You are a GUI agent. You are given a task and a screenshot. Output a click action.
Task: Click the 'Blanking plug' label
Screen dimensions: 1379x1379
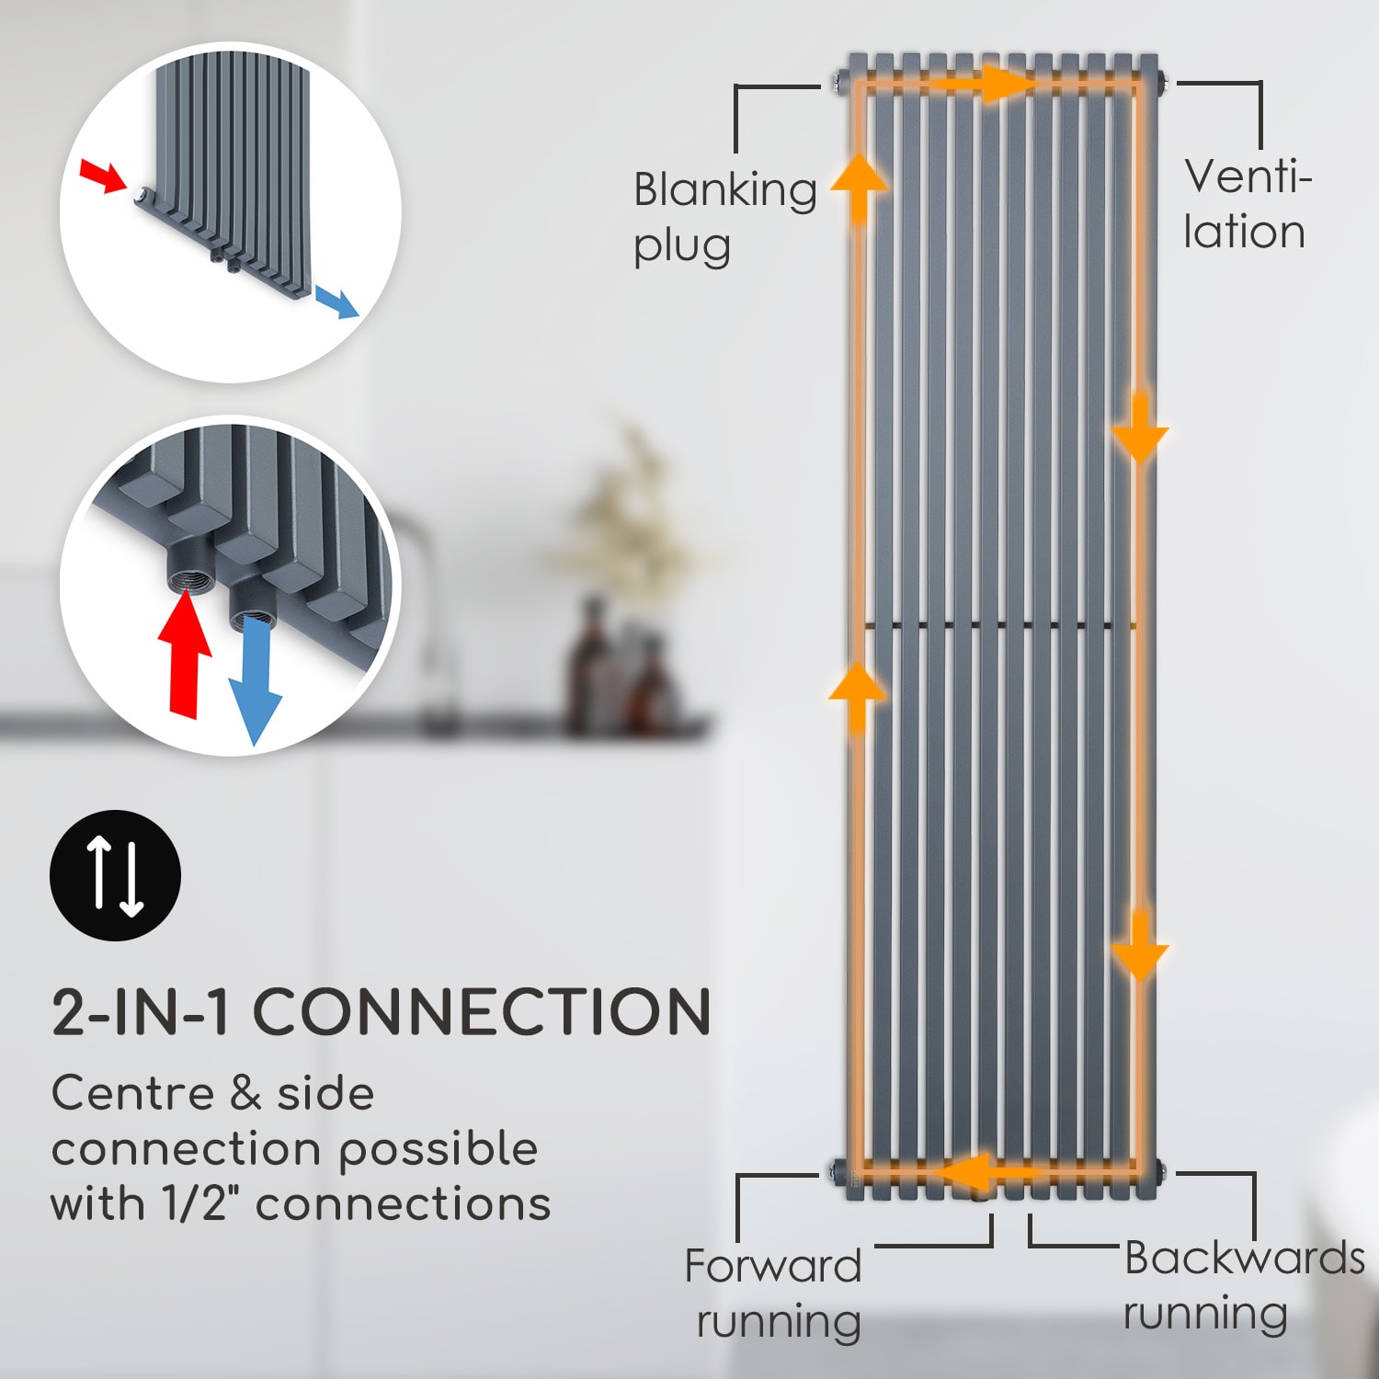[724, 217]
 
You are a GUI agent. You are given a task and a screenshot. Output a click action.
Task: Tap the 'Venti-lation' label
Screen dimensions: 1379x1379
[1245, 204]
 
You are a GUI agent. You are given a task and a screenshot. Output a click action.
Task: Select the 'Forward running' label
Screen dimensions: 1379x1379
[774, 1294]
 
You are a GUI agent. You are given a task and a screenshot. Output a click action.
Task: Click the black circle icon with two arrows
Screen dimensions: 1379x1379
[115, 875]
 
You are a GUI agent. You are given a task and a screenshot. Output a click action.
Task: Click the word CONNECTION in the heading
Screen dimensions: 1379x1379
[482, 1012]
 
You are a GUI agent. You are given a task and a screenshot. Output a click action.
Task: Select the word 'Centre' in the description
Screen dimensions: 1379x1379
[132, 1094]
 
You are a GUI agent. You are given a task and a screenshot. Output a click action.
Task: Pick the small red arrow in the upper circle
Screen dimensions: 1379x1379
[102, 176]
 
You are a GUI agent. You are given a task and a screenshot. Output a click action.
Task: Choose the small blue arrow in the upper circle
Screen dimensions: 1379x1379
[336, 302]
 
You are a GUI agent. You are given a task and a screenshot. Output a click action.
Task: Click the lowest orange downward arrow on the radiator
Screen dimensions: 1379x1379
[1140, 947]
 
